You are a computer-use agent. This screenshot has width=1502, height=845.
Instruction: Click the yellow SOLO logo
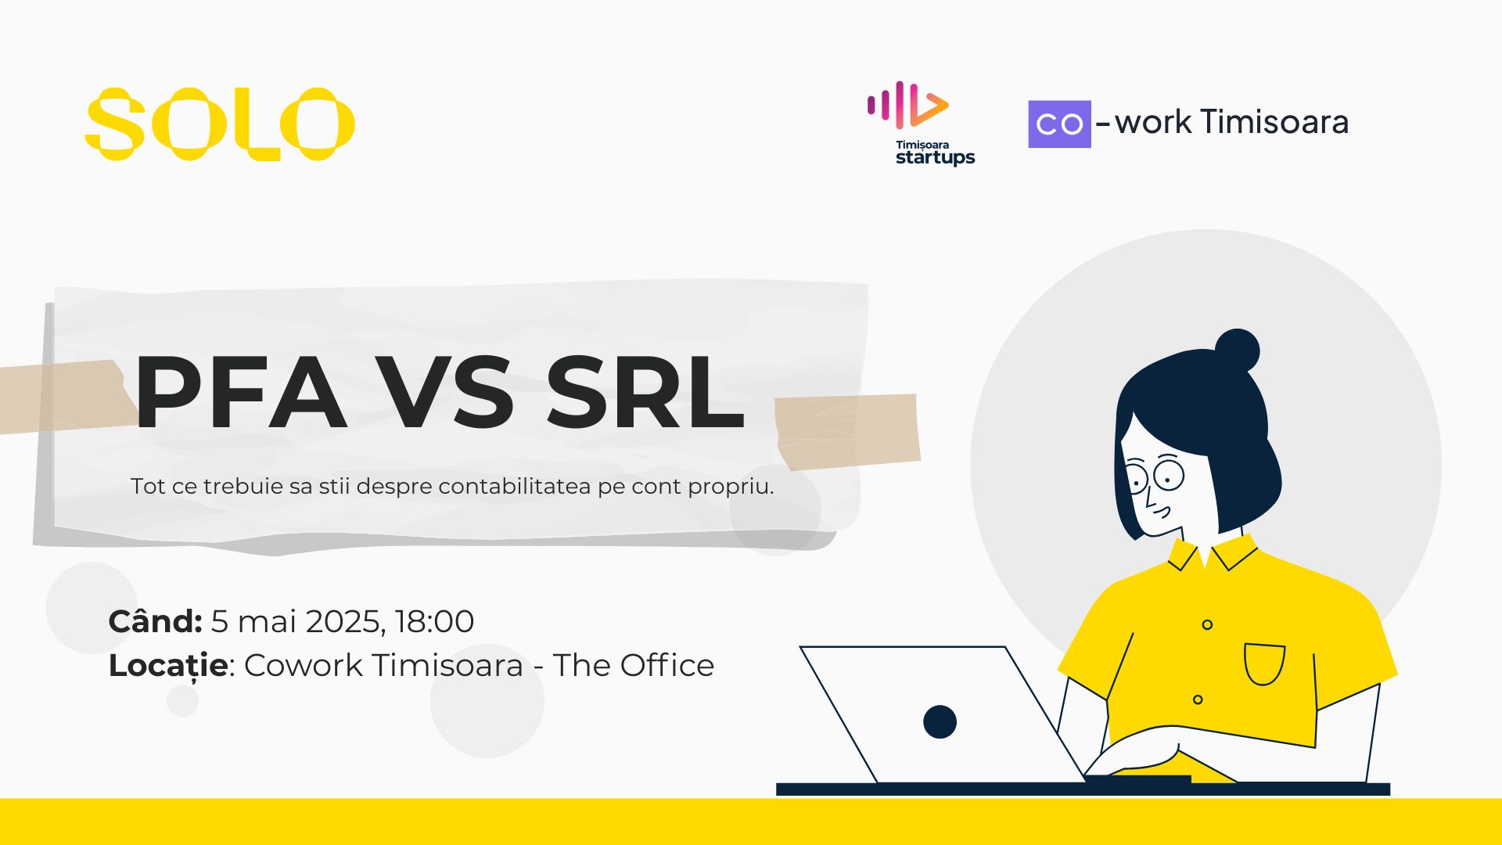[220, 124]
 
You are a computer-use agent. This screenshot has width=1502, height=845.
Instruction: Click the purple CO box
[1059, 124]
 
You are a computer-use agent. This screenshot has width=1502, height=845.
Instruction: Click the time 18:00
[434, 621]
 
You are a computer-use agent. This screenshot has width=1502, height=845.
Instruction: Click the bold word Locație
[168, 666]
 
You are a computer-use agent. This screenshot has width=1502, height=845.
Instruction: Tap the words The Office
[634, 665]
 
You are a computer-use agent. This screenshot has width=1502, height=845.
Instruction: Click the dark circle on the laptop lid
[940, 721]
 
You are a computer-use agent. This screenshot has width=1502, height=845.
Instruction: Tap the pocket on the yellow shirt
[1264, 663]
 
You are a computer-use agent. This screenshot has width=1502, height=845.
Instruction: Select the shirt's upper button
[1207, 624]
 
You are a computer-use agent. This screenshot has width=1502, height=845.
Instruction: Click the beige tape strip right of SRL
[847, 431]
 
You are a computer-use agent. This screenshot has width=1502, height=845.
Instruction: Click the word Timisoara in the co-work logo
[1274, 121]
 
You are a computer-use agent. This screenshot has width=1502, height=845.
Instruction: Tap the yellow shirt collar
[1213, 554]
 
